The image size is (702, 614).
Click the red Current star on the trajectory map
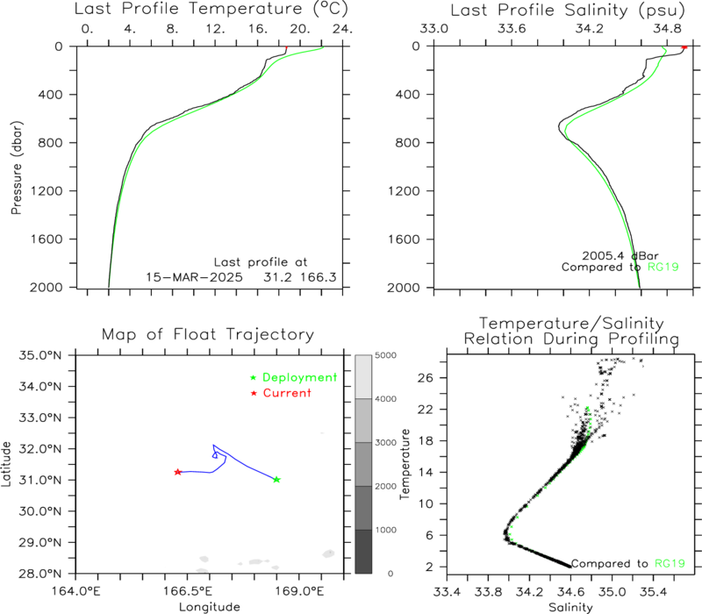point(178,472)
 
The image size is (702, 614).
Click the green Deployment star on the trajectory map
point(276,479)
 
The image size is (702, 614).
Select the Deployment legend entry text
point(299,377)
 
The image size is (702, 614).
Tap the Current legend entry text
point(287,393)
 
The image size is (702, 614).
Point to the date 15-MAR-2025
point(194,277)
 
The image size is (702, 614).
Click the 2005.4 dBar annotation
point(620,255)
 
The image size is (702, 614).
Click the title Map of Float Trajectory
point(208,334)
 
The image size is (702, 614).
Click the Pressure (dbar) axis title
point(16,168)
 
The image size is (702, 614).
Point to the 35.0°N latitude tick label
point(39,355)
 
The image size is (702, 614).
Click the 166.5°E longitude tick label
point(188,591)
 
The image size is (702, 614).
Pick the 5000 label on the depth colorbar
point(385,355)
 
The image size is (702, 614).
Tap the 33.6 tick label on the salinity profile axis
point(512,29)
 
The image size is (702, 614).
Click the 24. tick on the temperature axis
point(342,29)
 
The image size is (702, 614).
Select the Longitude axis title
point(210,607)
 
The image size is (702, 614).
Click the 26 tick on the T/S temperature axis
point(428,378)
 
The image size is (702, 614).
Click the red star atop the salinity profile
point(684,47)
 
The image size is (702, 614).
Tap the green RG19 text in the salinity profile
point(663,268)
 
